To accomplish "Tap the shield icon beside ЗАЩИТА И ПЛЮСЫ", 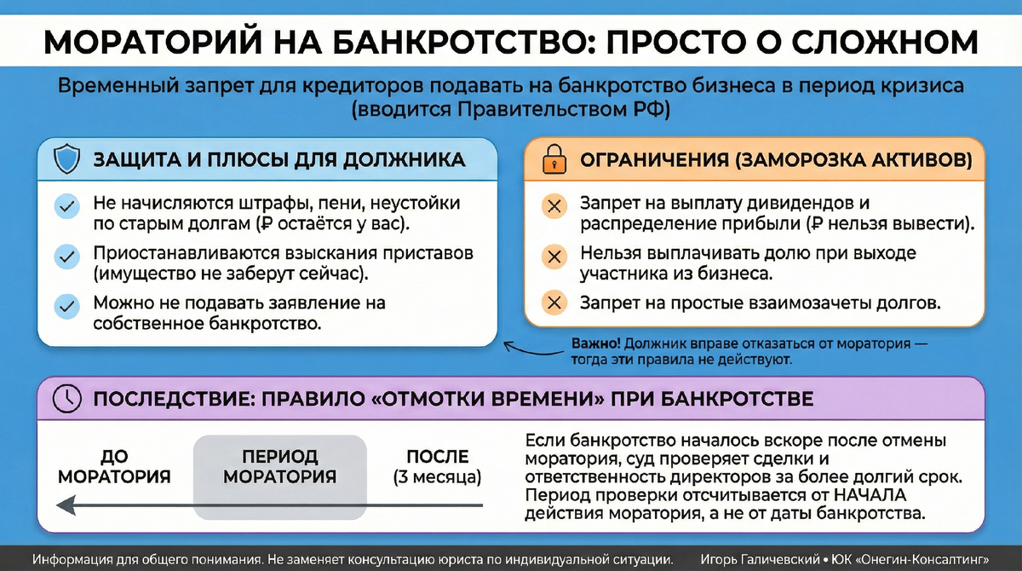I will coord(66,159).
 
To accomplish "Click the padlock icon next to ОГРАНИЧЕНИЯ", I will coord(554,159).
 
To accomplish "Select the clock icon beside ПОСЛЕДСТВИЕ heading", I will coord(66,398).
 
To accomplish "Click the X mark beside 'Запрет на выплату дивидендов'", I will coord(554,205).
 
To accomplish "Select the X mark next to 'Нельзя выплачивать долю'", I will coord(554,256).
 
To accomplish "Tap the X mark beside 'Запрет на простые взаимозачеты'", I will coord(554,302).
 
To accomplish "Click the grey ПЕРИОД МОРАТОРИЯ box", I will coord(279,476).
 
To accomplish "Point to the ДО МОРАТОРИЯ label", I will coord(114,467).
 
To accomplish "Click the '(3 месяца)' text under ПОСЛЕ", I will coord(437,476).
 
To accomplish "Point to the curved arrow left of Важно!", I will coord(528,349).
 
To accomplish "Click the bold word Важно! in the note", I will coord(596,344).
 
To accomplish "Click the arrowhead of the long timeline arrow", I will coord(62,508).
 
